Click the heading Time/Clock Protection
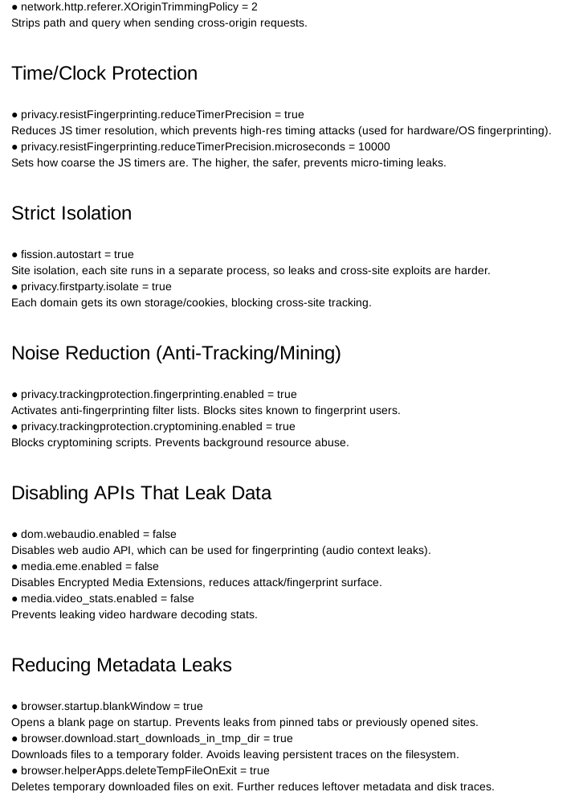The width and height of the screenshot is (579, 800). [104, 74]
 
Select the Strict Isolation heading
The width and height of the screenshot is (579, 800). [71, 214]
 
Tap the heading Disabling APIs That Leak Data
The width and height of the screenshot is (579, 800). [141, 494]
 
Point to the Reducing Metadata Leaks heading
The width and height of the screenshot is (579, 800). [121, 666]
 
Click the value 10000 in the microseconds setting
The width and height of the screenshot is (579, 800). [374, 146]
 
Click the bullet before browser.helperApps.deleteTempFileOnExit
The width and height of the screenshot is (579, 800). [15, 770]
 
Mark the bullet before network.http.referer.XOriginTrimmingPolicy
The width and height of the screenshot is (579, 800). [15, 6]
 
